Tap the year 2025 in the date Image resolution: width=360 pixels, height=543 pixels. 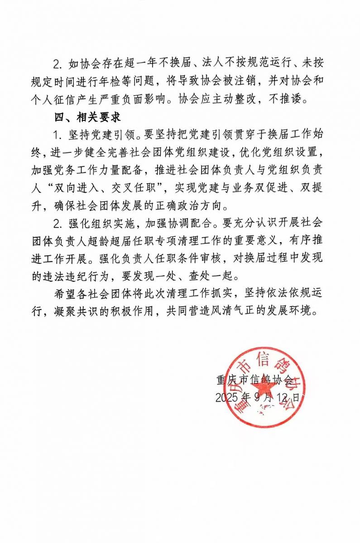pos(226,398)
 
